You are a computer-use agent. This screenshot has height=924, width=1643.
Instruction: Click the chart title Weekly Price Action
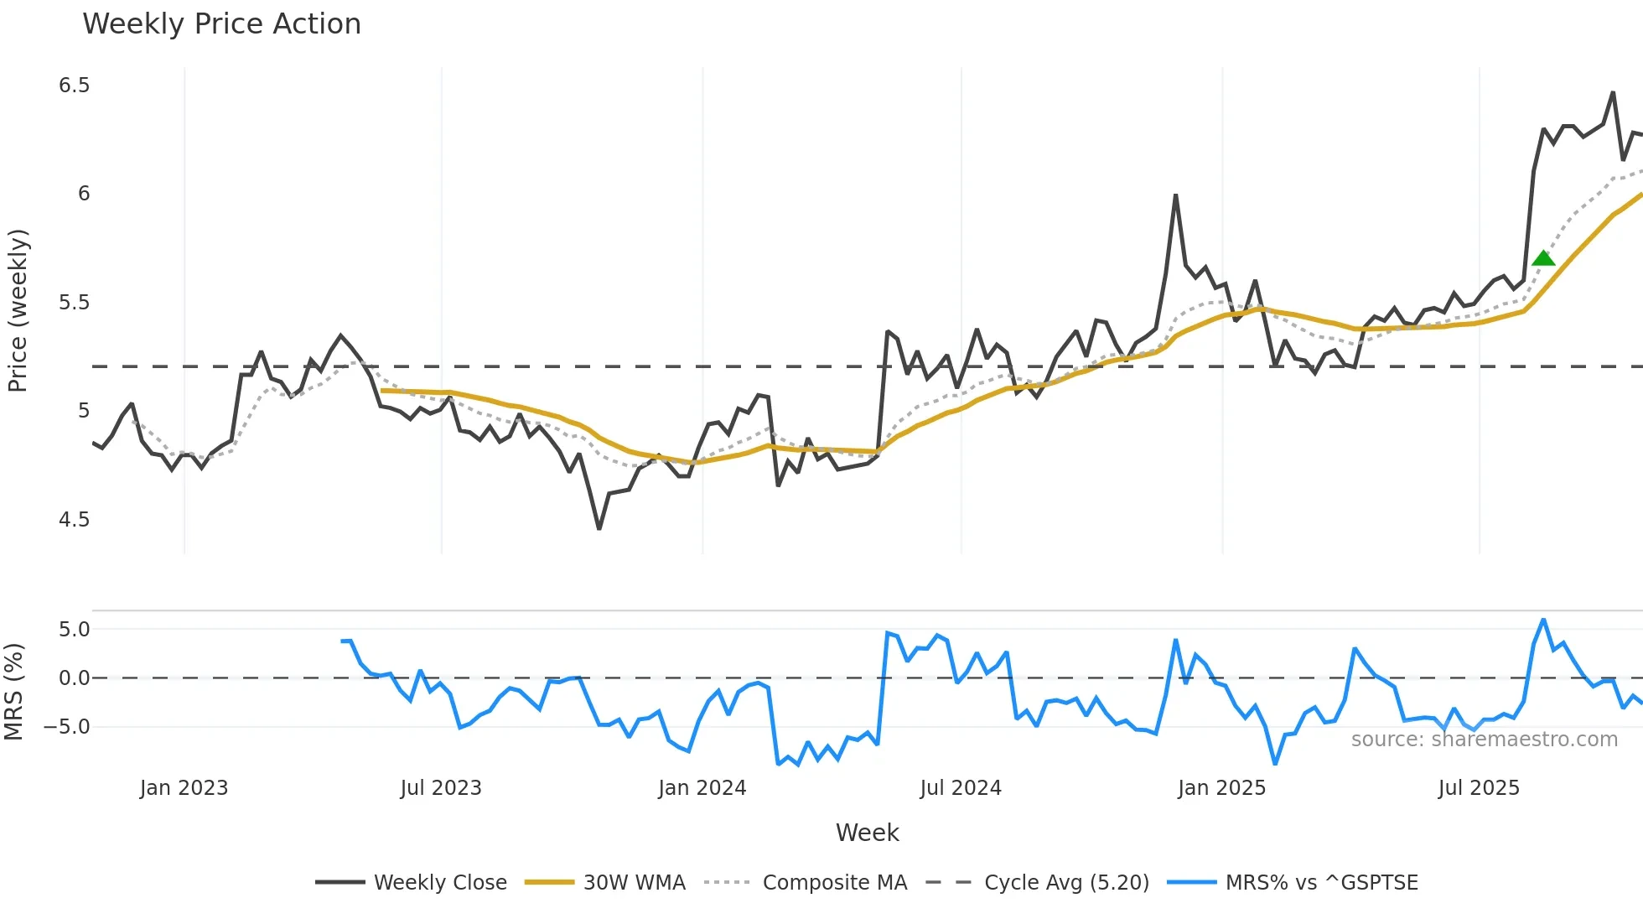pyautogui.click(x=221, y=24)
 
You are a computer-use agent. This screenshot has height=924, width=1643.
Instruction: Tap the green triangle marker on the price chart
pyautogui.click(x=1543, y=258)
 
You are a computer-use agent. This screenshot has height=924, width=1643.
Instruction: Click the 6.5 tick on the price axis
pyautogui.click(x=74, y=86)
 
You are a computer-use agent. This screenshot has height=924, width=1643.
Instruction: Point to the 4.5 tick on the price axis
pyautogui.click(x=74, y=520)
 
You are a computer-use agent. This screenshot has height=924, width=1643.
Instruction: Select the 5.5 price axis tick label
pyautogui.click(x=74, y=303)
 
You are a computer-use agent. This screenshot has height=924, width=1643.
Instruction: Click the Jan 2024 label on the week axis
pyautogui.click(x=702, y=788)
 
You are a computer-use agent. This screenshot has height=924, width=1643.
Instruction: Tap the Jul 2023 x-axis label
pyautogui.click(x=441, y=788)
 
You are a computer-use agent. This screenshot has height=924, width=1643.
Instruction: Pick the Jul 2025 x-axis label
pyautogui.click(x=1479, y=788)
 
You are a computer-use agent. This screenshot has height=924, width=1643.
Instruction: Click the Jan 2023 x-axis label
pyautogui.click(x=184, y=788)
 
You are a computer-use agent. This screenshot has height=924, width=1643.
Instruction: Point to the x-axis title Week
pyautogui.click(x=867, y=833)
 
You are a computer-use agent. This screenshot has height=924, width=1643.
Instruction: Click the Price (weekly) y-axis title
pyautogui.click(x=18, y=310)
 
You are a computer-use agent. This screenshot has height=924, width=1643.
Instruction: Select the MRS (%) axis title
pyautogui.click(x=13, y=692)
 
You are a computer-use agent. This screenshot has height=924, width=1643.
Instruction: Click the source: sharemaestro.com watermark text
pyautogui.click(x=1484, y=740)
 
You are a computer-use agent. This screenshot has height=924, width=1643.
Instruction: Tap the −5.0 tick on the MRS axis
pyautogui.click(x=67, y=727)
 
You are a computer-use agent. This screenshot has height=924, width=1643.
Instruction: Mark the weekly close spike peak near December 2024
pyautogui.click(x=1175, y=195)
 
